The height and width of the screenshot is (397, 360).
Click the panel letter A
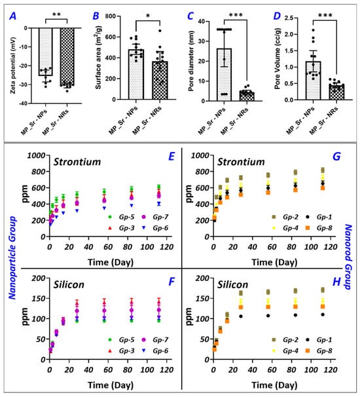pos(12,16)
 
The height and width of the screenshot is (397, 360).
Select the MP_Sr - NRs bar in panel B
pos(160,81)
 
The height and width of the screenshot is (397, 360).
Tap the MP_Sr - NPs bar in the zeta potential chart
pos(46,52)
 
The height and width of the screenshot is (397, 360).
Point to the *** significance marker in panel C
pos(236,15)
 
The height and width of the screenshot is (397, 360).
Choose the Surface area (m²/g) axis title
pos(98,58)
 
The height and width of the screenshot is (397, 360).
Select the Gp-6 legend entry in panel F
pos(155,351)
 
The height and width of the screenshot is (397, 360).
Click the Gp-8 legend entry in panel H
pos(319,351)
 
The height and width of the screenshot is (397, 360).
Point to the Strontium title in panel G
pos(241,162)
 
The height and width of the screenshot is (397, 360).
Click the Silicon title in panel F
pos(69,284)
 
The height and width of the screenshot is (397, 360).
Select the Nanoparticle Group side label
pos(12,257)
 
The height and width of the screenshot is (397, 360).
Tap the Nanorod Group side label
pos(348,257)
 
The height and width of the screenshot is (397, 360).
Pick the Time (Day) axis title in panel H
pos(274,385)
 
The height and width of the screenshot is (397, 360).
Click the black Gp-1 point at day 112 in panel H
pos(323,314)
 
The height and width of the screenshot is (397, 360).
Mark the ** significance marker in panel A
pos(56,14)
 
